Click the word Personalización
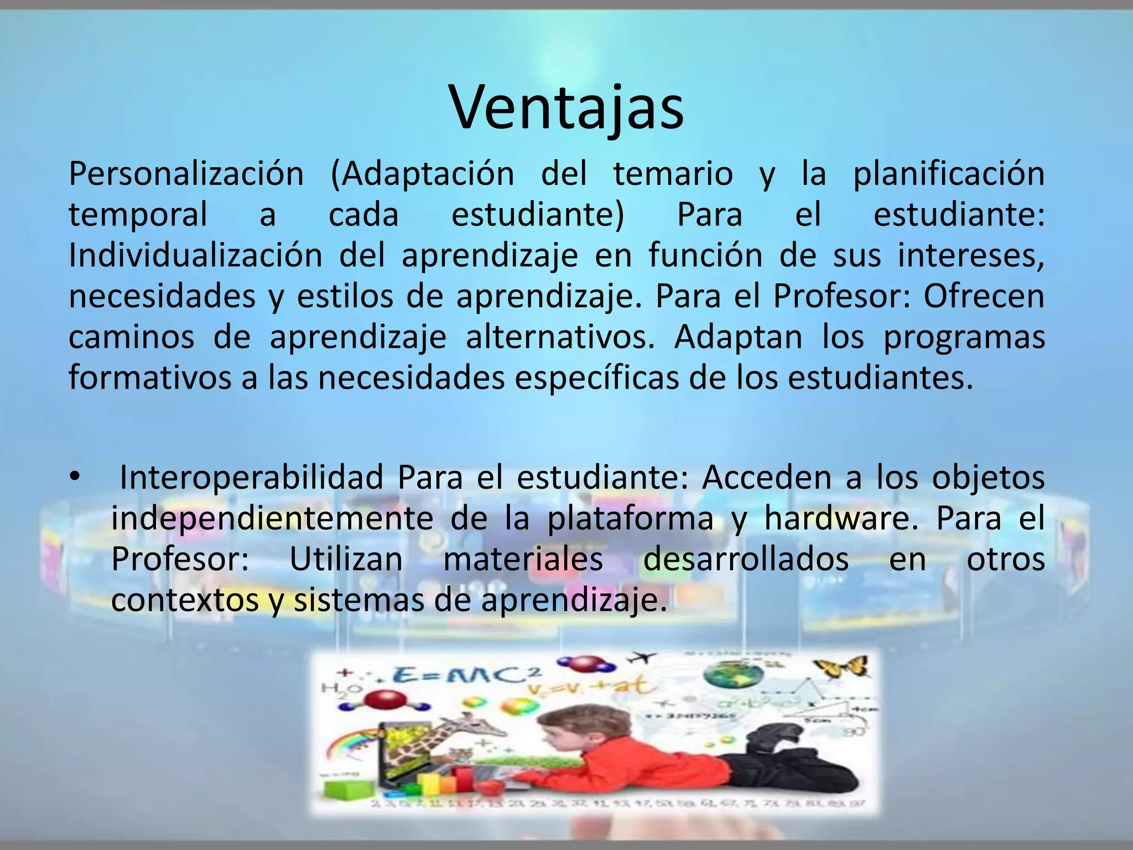pos(186,174)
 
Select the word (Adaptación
pos(423,174)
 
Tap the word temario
pos(673,174)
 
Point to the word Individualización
pos(195,256)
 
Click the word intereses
pos(970,256)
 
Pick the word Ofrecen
pos(984,297)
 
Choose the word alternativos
pos(560,338)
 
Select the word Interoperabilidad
pos(252,477)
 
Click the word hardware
pos(841,519)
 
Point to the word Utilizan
pos(346,559)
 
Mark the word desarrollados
pos(746,559)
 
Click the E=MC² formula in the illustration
pos(466,677)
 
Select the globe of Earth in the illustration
pos(733,676)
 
